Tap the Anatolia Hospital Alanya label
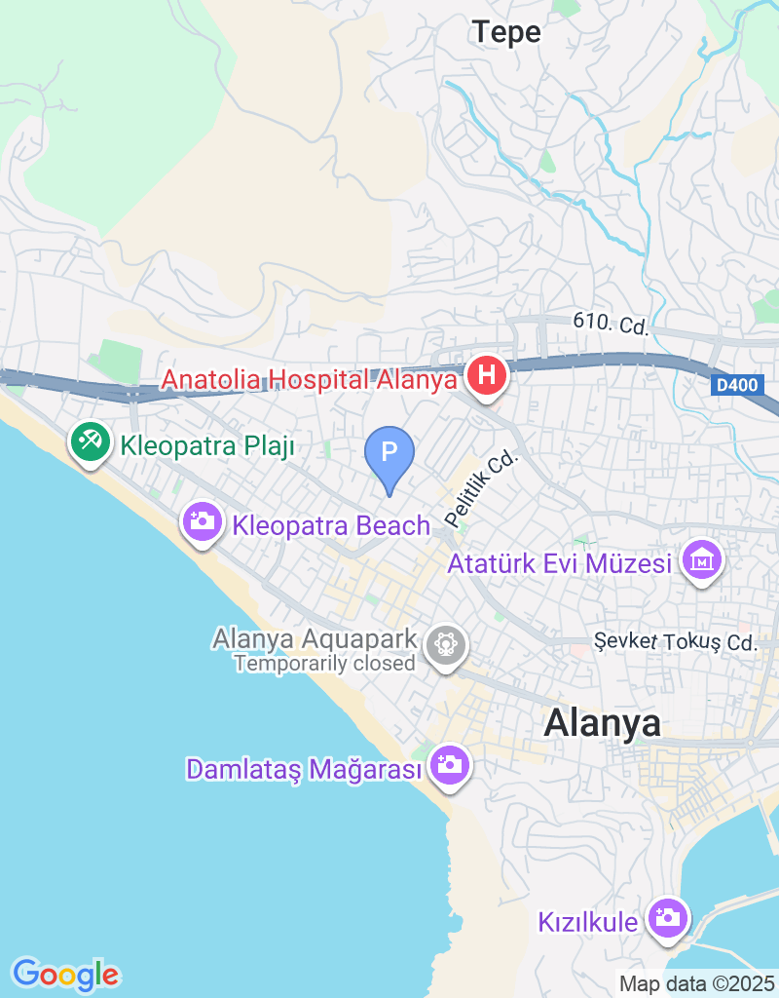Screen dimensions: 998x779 click(x=309, y=378)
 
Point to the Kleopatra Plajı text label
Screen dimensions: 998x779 click(x=207, y=446)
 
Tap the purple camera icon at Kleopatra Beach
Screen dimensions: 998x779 click(x=203, y=521)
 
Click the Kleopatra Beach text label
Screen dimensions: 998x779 click(x=331, y=525)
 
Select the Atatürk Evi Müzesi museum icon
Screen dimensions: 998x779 click(x=702, y=561)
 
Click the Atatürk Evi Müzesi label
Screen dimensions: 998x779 click(x=560, y=564)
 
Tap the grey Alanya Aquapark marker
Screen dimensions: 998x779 click(x=447, y=644)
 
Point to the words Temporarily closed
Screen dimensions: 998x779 click(x=324, y=664)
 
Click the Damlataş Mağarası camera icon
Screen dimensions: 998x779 click(x=450, y=764)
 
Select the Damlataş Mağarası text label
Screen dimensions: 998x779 click(x=305, y=769)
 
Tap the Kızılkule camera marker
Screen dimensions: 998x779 click(x=667, y=918)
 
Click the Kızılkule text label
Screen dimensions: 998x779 click(x=588, y=922)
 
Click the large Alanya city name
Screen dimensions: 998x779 click(x=602, y=722)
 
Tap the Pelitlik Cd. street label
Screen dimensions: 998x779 click(x=483, y=486)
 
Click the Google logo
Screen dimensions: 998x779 click(x=65, y=974)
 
